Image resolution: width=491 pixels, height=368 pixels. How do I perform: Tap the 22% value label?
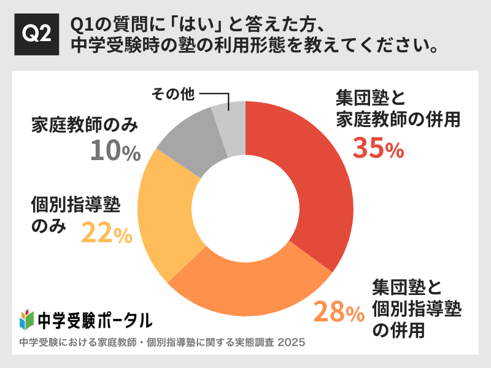tap(107, 233)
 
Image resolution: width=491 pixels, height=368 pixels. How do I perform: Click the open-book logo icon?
tap(26, 319)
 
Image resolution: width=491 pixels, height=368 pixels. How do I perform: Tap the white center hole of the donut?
tap(245, 209)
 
